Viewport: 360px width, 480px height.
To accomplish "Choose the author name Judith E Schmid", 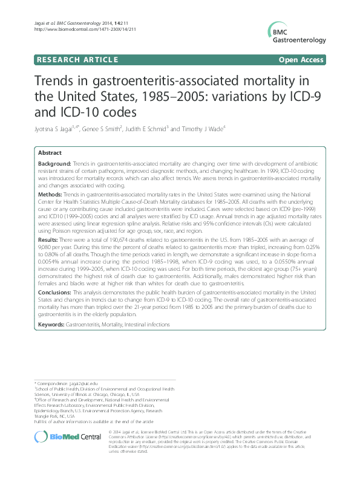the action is pyautogui.click(x=160, y=128).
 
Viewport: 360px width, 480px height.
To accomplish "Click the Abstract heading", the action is pyautogui.click(x=50, y=154).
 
